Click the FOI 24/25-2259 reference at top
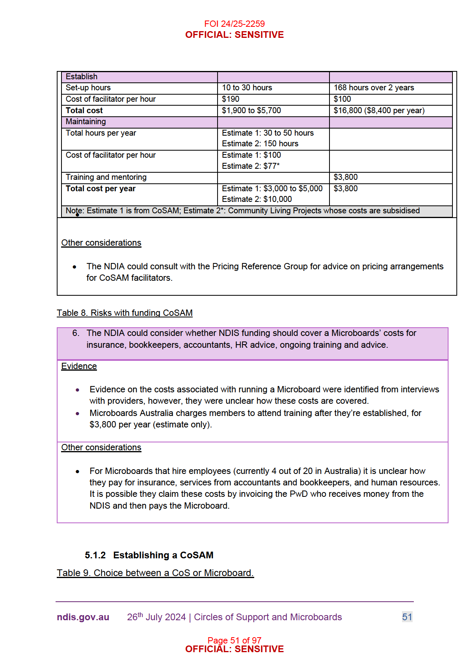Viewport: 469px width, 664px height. coord(234,24)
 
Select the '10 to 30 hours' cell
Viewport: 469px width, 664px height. coord(247,88)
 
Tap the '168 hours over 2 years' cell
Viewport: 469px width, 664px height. coord(374,88)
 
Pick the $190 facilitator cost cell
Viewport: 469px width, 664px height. coord(231,99)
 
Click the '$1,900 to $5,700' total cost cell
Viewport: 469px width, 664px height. coord(251,110)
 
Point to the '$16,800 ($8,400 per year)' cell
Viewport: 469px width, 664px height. coord(379,110)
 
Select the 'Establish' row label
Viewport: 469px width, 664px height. coord(82,76)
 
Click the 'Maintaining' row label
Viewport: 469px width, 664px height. coord(86,121)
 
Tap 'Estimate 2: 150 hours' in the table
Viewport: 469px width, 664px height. coord(260,144)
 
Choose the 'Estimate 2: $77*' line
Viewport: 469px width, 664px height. coord(251,166)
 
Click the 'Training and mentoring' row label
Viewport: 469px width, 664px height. coord(106,177)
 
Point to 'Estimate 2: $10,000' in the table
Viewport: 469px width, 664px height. coord(257,199)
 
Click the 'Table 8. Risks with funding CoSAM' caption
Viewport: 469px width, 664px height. coord(125,313)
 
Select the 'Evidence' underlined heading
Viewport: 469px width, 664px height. coord(79,366)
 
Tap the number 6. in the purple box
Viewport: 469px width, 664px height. coord(76,333)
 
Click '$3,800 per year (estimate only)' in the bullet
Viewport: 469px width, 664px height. coord(151,425)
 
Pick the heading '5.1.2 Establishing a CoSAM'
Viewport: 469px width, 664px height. coord(149,555)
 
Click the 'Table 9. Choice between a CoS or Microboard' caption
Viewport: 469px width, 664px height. coord(155,573)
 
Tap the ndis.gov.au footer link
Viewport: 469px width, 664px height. coord(83,617)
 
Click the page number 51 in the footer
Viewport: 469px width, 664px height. coord(407,617)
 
